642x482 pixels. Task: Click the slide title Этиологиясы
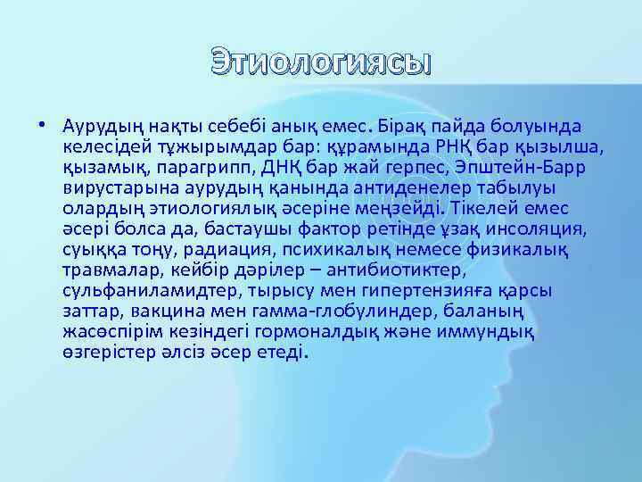tap(320, 64)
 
